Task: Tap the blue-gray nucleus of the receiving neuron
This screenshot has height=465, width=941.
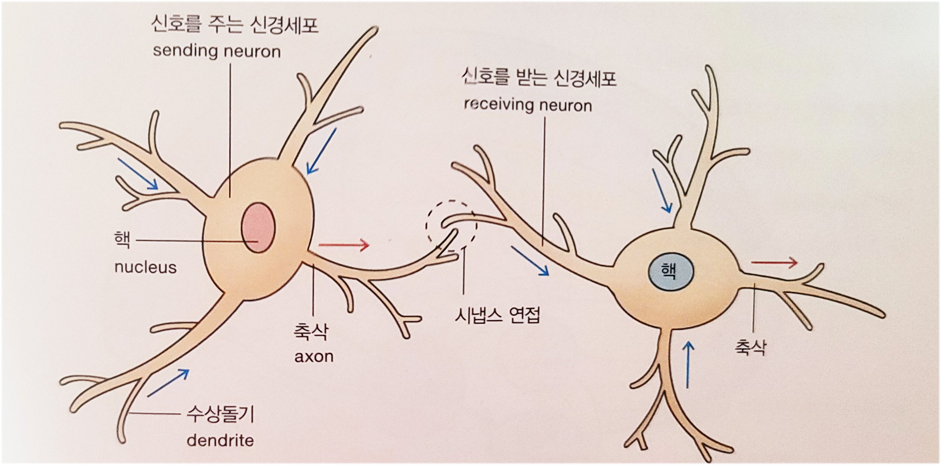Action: pyautogui.click(x=671, y=272)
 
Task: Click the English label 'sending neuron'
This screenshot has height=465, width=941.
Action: pyautogui.click(x=217, y=51)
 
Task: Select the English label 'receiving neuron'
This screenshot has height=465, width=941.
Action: pyautogui.click(x=528, y=105)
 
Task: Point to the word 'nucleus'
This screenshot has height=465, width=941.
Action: pyautogui.click(x=146, y=267)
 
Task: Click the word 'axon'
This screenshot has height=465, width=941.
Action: pyautogui.click(x=314, y=356)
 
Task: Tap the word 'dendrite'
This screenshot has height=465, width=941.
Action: pyautogui.click(x=220, y=440)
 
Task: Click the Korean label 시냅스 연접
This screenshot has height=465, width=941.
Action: pyautogui.click(x=497, y=315)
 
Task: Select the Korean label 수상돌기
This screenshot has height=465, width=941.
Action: pyautogui.click(x=220, y=414)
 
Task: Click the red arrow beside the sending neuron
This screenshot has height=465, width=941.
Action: pyautogui.click(x=344, y=245)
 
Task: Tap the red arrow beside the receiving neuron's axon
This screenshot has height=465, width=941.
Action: pyautogui.click(x=774, y=262)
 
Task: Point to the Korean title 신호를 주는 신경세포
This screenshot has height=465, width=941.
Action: pyautogui.click(x=235, y=25)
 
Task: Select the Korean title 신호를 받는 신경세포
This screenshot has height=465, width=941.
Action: pyautogui.click(x=539, y=78)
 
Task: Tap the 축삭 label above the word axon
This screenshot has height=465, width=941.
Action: pyautogui.click(x=311, y=331)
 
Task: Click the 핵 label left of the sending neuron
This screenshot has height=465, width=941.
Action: pyautogui.click(x=122, y=240)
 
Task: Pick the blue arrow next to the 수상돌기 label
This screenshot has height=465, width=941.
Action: pyautogui.click(x=168, y=382)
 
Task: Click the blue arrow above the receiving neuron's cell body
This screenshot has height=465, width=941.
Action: pyautogui.click(x=662, y=190)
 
